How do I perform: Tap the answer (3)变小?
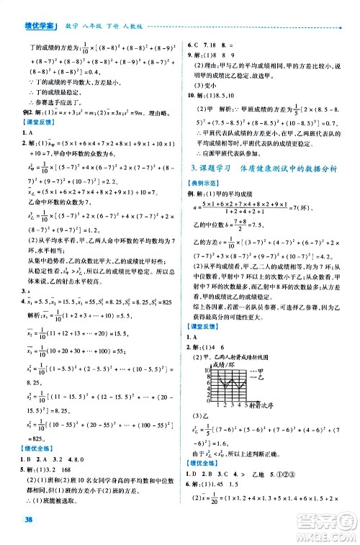pos(204,84)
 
